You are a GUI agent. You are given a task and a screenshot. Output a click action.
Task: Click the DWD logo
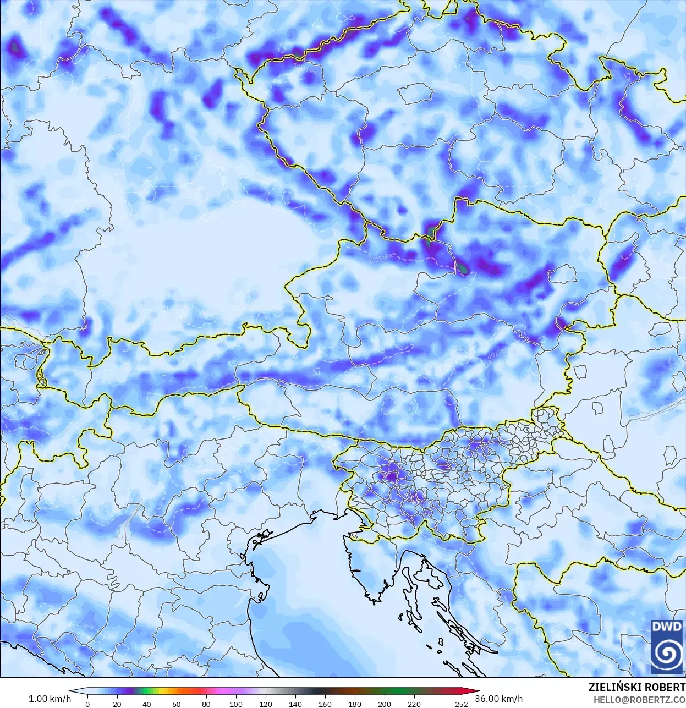tap(667, 646)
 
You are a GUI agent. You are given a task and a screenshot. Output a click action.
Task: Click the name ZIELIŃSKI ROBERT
tap(636, 688)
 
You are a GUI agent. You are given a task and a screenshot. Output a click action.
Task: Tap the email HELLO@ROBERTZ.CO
tap(639, 700)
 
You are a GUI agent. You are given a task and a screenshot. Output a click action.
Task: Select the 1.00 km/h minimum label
tap(50, 699)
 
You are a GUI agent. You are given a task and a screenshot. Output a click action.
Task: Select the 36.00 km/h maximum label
tap(499, 699)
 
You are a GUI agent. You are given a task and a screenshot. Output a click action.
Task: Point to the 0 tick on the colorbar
tap(87, 704)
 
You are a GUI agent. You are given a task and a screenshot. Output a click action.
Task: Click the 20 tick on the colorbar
tap(117, 704)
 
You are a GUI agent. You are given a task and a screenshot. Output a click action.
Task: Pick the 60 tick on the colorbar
tap(176, 704)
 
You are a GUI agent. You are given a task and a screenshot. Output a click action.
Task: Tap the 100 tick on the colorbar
tap(235, 704)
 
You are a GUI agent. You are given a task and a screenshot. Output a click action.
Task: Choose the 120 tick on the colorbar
tap(266, 704)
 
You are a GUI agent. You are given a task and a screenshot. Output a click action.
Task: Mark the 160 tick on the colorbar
tap(325, 704)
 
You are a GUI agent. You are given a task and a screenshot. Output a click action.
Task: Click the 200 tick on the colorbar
tap(385, 704)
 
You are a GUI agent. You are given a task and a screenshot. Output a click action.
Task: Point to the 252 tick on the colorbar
tap(462, 704)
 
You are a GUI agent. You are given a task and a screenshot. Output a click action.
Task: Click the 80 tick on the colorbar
tap(206, 704)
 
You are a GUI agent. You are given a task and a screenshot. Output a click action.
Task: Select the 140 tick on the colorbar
tap(295, 704)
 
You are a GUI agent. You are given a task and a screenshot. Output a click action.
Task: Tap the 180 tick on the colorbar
tap(355, 704)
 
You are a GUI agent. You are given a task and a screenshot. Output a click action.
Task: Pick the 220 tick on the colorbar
tap(414, 704)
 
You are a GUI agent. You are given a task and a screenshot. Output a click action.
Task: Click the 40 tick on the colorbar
tap(146, 704)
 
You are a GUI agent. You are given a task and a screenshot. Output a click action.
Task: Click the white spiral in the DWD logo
tap(667, 654)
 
